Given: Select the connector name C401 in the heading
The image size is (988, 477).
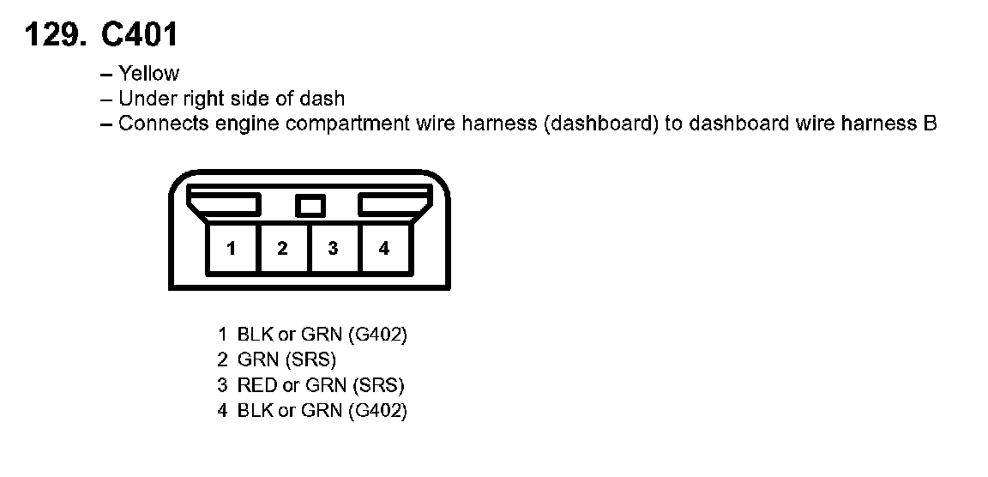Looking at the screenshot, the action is (x=139, y=35).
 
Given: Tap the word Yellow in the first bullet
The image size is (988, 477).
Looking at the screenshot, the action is (x=149, y=74).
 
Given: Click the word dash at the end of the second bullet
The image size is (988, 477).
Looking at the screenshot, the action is (x=327, y=99).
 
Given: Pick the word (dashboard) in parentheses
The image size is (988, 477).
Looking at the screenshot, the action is (x=600, y=124).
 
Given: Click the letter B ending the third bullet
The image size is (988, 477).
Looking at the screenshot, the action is (x=930, y=124).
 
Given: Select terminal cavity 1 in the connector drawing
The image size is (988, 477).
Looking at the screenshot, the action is (x=232, y=249).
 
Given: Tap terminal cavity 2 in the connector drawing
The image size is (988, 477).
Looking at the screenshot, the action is (x=282, y=249).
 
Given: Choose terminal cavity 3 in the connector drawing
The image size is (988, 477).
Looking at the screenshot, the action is (x=333, y=249).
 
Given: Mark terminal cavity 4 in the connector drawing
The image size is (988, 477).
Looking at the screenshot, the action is (x=383, y=249).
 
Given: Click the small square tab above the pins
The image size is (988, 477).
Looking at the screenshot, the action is (x=310, y=206).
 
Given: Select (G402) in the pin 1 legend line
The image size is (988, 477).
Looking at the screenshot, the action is (x=377, y=334).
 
